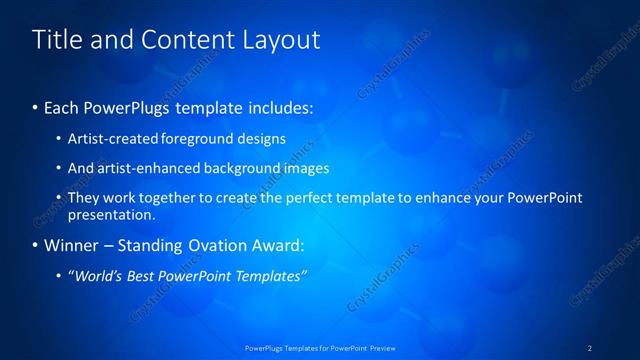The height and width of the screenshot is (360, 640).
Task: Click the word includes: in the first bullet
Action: pyautogui.click(x=281, y=105)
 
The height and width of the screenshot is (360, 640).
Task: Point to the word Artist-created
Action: pyautogui.click(x=110, y=138)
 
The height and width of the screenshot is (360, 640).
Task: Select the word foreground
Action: pyautogui.click(x=192, y=138)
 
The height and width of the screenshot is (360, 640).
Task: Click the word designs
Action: pyautogui.click(x=258, y=138)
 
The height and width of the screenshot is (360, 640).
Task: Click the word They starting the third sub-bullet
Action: pyautogui.click(x=83, y=198)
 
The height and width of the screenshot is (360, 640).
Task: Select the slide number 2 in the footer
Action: pyautogui.click(x=590, y=347)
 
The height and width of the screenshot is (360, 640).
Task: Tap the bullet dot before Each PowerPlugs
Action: pyautogui.click(x=36, y=106)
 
